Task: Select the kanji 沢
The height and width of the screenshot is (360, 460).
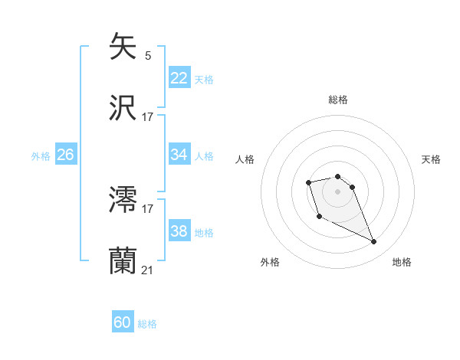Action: point(123,108)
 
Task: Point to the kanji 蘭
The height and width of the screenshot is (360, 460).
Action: point(123,261)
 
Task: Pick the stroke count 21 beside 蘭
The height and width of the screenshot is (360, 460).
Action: point(147,270)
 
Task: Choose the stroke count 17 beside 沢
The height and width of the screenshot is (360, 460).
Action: point(147,117)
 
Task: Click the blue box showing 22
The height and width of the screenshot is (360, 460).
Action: point(179,78)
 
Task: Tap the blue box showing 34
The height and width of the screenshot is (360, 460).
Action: point(179,155)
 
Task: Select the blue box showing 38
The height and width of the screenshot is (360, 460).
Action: point(179,231)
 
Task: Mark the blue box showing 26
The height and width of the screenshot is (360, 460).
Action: point(65,155)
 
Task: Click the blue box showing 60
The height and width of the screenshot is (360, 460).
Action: point(123,322)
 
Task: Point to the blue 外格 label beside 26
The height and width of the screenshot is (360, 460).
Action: point(41,156)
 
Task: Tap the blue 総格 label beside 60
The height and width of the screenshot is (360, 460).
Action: point(147,324)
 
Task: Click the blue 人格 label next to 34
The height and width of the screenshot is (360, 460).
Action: point(204,156)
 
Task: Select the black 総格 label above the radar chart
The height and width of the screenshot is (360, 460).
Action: point(338,100)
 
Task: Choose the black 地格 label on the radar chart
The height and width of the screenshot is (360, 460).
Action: point(402,262)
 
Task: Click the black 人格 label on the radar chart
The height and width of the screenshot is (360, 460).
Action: point(245,159)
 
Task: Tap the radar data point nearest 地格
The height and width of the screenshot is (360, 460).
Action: point(374,242)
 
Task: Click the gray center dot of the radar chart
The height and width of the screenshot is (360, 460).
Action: point(338,191)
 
